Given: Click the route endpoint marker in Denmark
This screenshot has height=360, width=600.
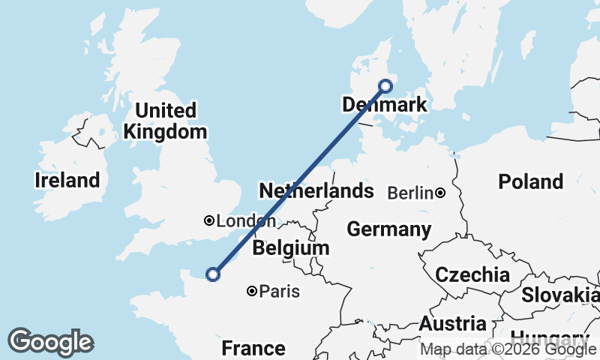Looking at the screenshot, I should click(x=385, y=85).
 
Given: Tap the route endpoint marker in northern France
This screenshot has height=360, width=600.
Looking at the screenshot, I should click(x=213, y=274).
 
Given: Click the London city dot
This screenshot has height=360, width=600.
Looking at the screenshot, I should click(x=209, y=220).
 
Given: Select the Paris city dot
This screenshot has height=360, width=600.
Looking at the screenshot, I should click(x=252, y=291).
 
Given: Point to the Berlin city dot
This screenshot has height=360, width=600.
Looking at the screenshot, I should click(x=440, y=193).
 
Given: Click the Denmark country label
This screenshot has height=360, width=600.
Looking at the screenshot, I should click(x=383, y=105).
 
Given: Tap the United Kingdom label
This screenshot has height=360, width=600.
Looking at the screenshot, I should click(x=165, y=121).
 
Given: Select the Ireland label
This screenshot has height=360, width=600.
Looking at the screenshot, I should click(x=67, y=181).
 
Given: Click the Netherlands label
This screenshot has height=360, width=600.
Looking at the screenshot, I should click(x=316, y=191).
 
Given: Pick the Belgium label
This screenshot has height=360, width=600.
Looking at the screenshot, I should click(x=290, y=248).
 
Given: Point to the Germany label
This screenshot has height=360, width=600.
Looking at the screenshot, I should click(x=388, y=229).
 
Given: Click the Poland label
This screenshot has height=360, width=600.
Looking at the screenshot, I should click(x=531, y=181).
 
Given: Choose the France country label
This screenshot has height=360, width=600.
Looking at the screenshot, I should click(x=253, y=348).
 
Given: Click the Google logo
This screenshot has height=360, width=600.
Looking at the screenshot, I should click(x=50, y=342).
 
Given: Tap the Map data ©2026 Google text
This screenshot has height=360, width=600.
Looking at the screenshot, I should click(x=508, y=349).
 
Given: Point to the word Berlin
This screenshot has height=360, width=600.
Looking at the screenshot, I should click(x=410, y=193).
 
